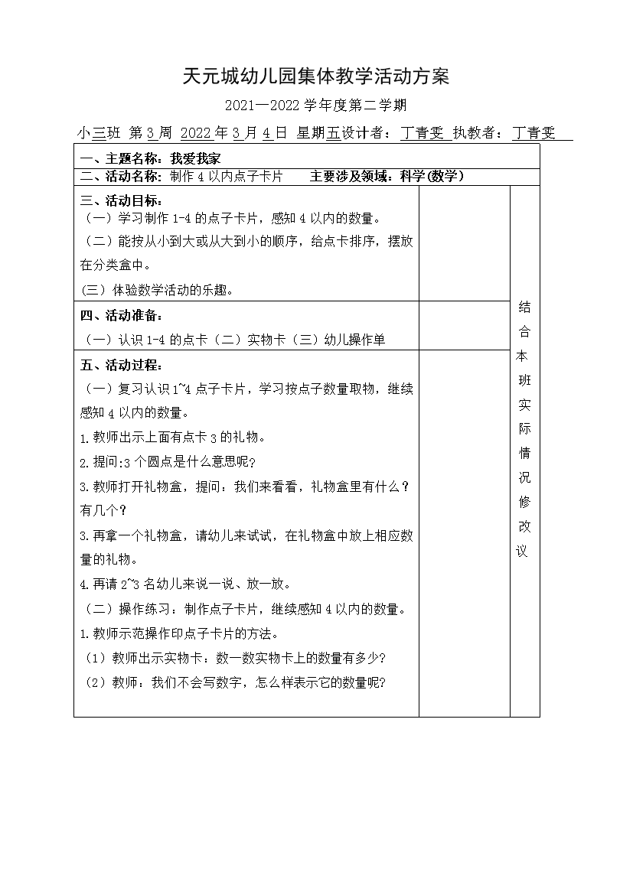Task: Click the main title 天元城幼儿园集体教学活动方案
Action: click(316, 76)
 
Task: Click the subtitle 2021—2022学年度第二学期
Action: click(317, 106)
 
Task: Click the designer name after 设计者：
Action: click(423, 133)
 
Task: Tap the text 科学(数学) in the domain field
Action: click(432, 177)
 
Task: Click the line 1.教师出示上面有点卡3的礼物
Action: click(172, 438)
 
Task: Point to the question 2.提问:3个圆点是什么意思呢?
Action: click(168, 463)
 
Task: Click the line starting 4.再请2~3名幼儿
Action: click(184, 584)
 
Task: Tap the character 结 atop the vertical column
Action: click(524, 308)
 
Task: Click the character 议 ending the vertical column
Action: click(524, 552)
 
